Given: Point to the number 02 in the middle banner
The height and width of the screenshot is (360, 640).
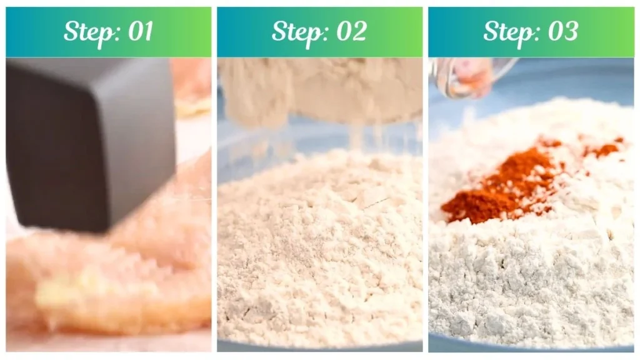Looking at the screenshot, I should pyautogui.click(x=350, y=32).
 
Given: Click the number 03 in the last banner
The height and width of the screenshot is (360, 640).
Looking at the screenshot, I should pyautogui.click(x=561, y=32).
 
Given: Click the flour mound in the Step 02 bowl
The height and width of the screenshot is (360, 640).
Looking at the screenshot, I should pyautogui.click(x=319, y=250).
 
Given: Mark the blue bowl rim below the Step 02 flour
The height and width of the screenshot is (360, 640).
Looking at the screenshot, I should pyautogui.click(x=319, y=346).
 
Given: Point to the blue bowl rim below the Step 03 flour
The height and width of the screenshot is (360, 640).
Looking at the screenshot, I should pyautogui.click(x=531, y=346).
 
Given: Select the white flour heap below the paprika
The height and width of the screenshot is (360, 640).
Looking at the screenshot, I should pyautogui.click(x=531, y=281).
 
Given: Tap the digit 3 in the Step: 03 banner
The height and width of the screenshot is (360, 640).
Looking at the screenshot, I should pyautogui.click(x=570, y=32).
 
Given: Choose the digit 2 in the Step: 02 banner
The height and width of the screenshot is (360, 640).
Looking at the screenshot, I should pyautogui.click(x=359, y=32).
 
